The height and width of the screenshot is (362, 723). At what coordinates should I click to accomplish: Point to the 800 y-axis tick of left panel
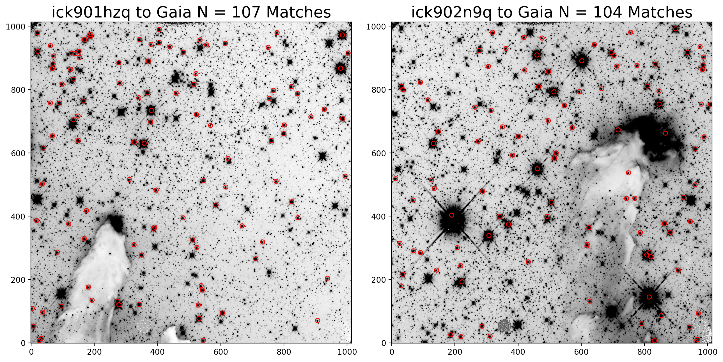18,90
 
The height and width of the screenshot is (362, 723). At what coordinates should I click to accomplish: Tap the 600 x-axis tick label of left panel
221,352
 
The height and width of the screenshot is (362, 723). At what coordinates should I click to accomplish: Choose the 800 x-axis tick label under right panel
644,352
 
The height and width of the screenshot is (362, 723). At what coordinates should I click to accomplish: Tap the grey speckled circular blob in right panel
504,326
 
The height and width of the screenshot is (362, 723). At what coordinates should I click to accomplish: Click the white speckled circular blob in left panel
144,326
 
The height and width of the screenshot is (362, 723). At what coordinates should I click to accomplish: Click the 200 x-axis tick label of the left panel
94,352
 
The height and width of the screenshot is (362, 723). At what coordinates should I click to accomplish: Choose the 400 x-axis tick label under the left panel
157,352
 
